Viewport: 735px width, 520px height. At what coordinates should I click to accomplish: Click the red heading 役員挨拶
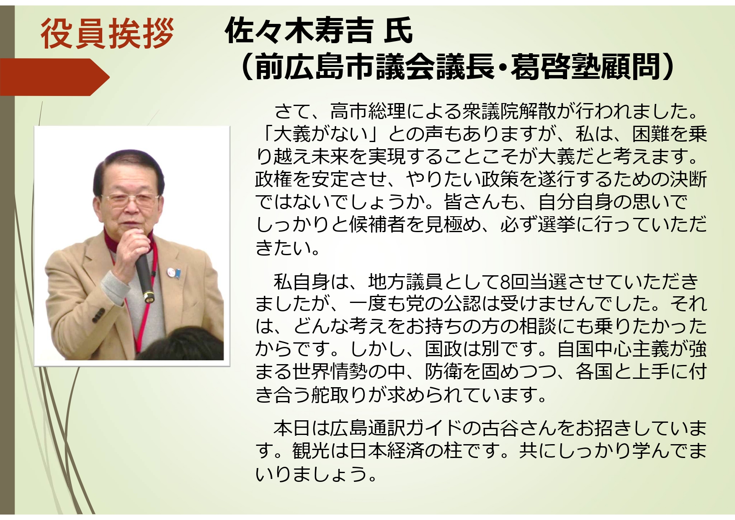(107, 34)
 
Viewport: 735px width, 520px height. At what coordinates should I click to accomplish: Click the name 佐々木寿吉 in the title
(299, 31)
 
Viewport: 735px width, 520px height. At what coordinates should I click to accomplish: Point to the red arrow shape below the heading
(54, 77)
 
